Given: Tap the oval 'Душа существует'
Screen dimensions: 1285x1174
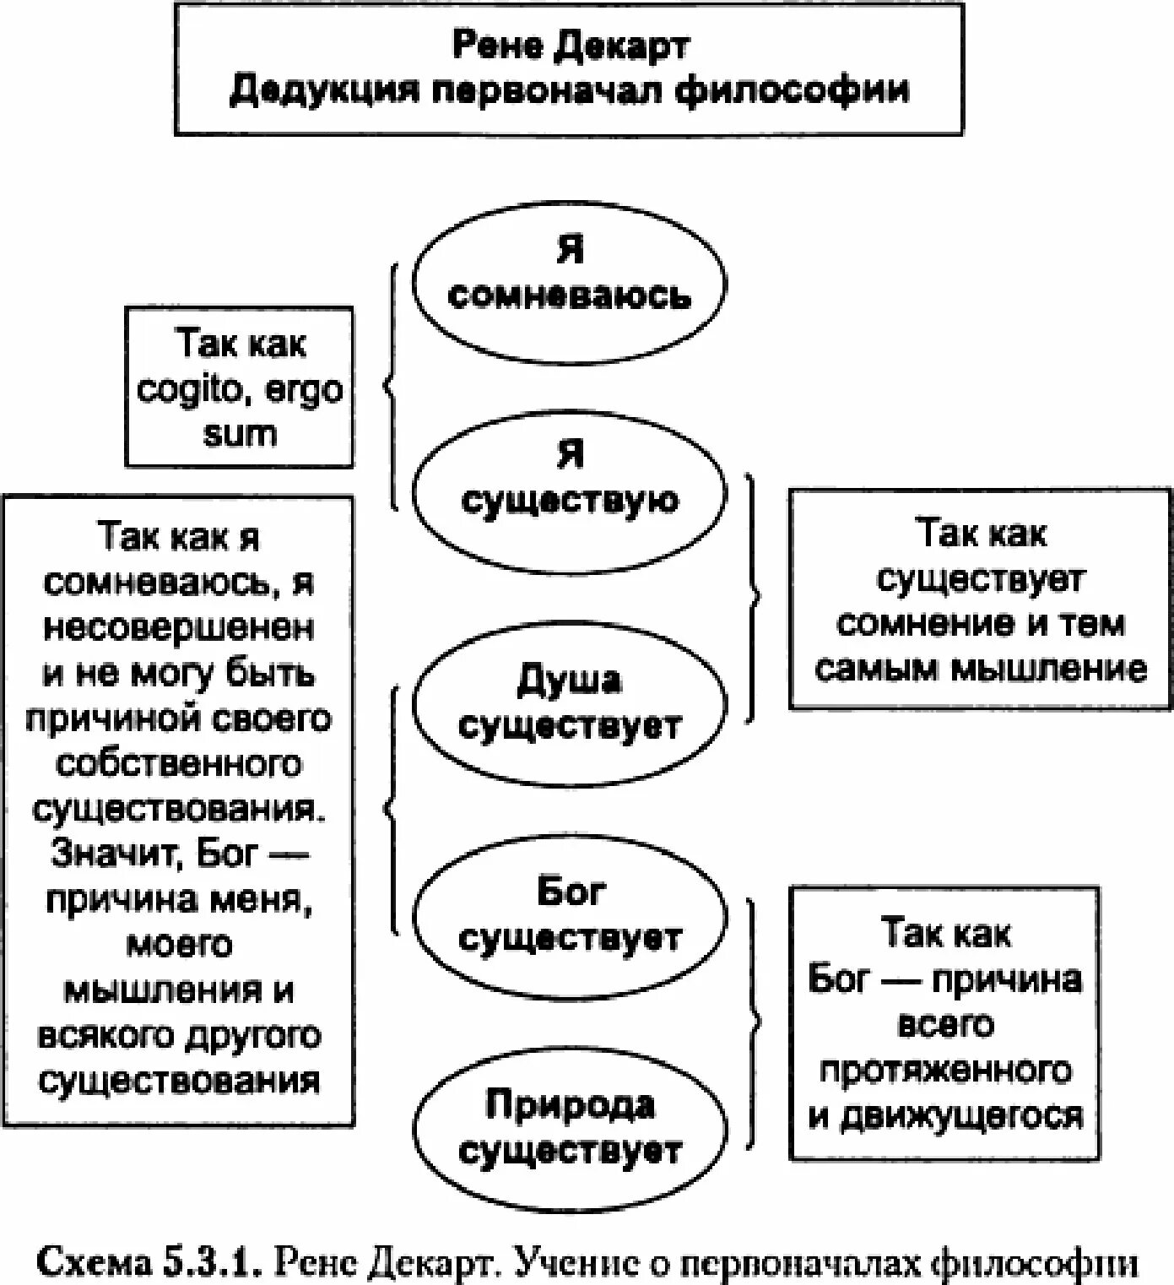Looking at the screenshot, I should [569, 703].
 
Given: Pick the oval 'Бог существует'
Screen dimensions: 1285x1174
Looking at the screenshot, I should [569, 915].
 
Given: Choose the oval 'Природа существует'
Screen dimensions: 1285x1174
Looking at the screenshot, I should [569, 1127].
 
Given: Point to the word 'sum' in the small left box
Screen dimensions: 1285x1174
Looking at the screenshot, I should [240, 435].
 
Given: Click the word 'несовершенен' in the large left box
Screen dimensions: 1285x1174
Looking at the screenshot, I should [179, 628].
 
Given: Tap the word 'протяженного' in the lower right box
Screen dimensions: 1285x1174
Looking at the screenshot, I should [945, 1071].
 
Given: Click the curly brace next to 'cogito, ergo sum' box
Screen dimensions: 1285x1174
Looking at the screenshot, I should [391, 388].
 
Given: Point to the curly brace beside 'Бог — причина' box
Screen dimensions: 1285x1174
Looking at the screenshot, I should [754, 1022].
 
